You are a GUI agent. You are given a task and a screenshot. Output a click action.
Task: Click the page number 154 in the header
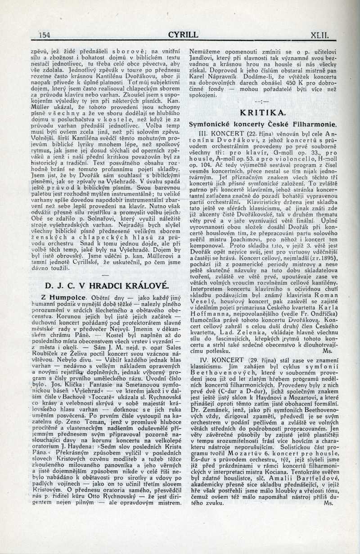44,35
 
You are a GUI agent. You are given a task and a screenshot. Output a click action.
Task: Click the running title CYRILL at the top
183,35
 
